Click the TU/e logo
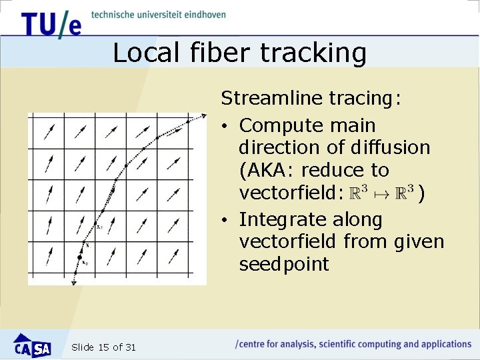click(51, 24)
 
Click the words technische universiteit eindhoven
click(159, 15)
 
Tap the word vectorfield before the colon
click(290, 193)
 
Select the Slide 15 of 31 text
click(103, 347)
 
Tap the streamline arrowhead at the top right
click(203, 117)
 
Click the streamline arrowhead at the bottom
click(74, 283)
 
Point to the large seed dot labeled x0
click(80, 257)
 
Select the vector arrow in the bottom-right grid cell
click(174, 255)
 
